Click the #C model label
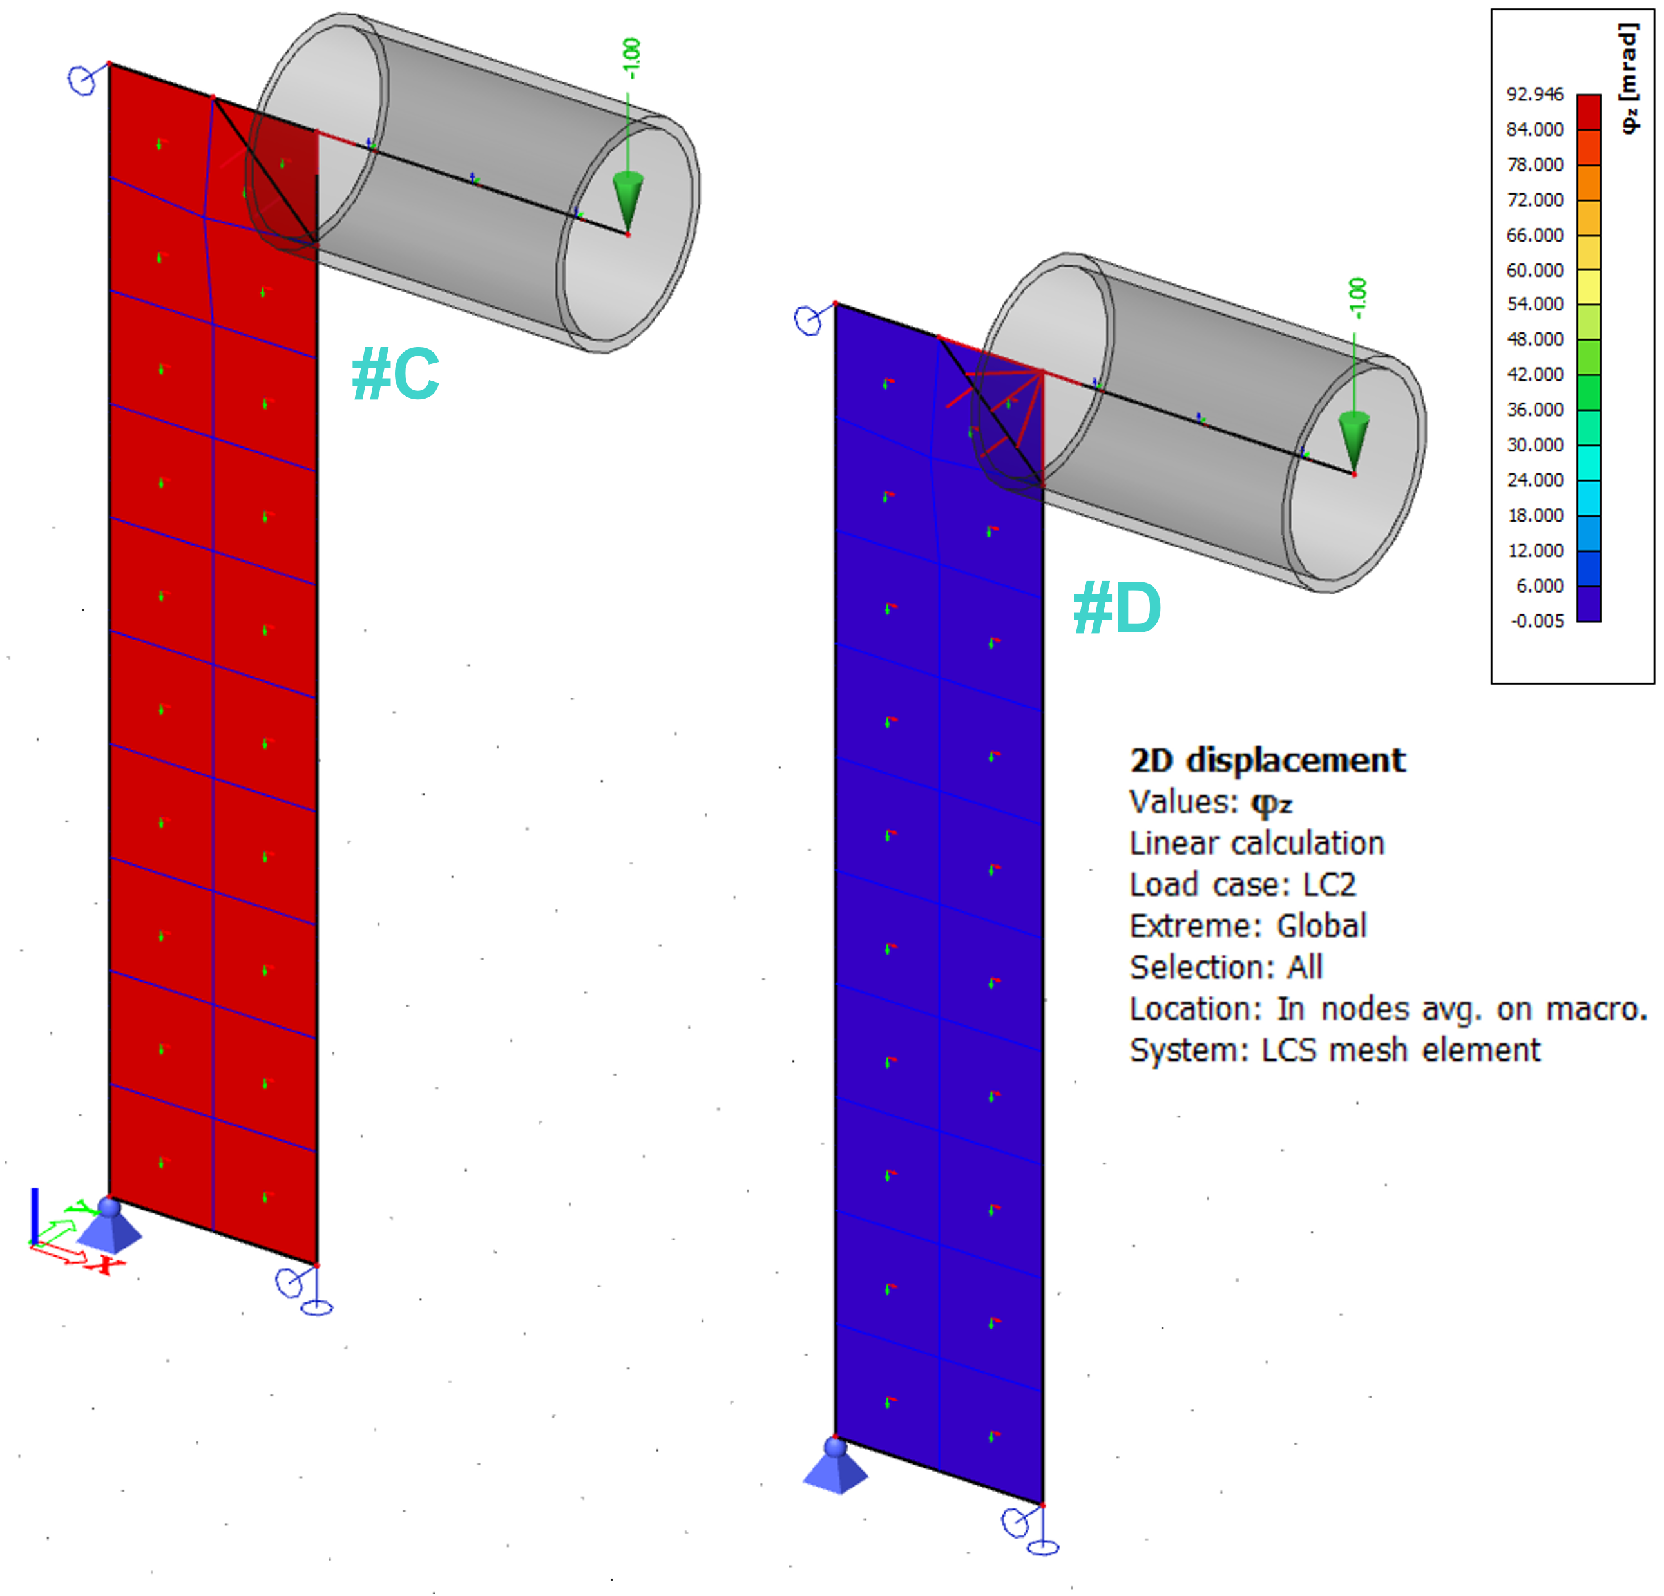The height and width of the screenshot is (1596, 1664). click(x=396, y=374)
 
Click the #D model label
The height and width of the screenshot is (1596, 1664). click(x=1117, y=608)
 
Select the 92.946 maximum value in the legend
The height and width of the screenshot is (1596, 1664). click(x=1535, y=94)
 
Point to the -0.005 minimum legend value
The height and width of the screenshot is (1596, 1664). click(x=1536, y=621)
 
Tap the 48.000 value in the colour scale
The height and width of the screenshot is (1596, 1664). click(x=1535, y=339)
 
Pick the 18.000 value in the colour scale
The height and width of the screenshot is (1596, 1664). click(x=1535, y=515)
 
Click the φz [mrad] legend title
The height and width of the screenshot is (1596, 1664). click(x=1629, y=78)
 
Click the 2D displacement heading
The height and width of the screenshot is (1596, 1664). click(x=1268, y=760)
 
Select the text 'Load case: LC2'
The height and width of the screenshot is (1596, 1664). click(x=1243, y=884)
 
